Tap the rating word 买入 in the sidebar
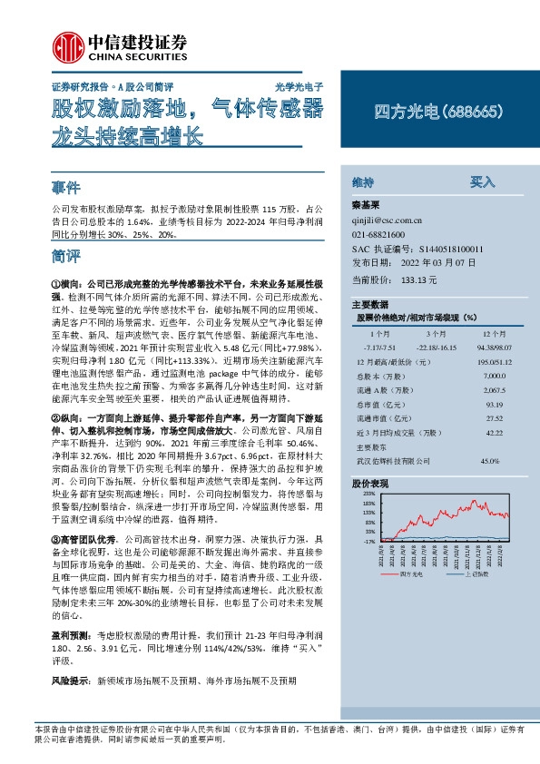(x=482, y=181)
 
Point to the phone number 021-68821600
(x=378, y=233)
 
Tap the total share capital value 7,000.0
(x=469, y=375)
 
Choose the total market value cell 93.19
(x=469, y=404)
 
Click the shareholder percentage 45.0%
(x=465, y=462)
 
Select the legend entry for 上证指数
(x=474, y=574)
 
